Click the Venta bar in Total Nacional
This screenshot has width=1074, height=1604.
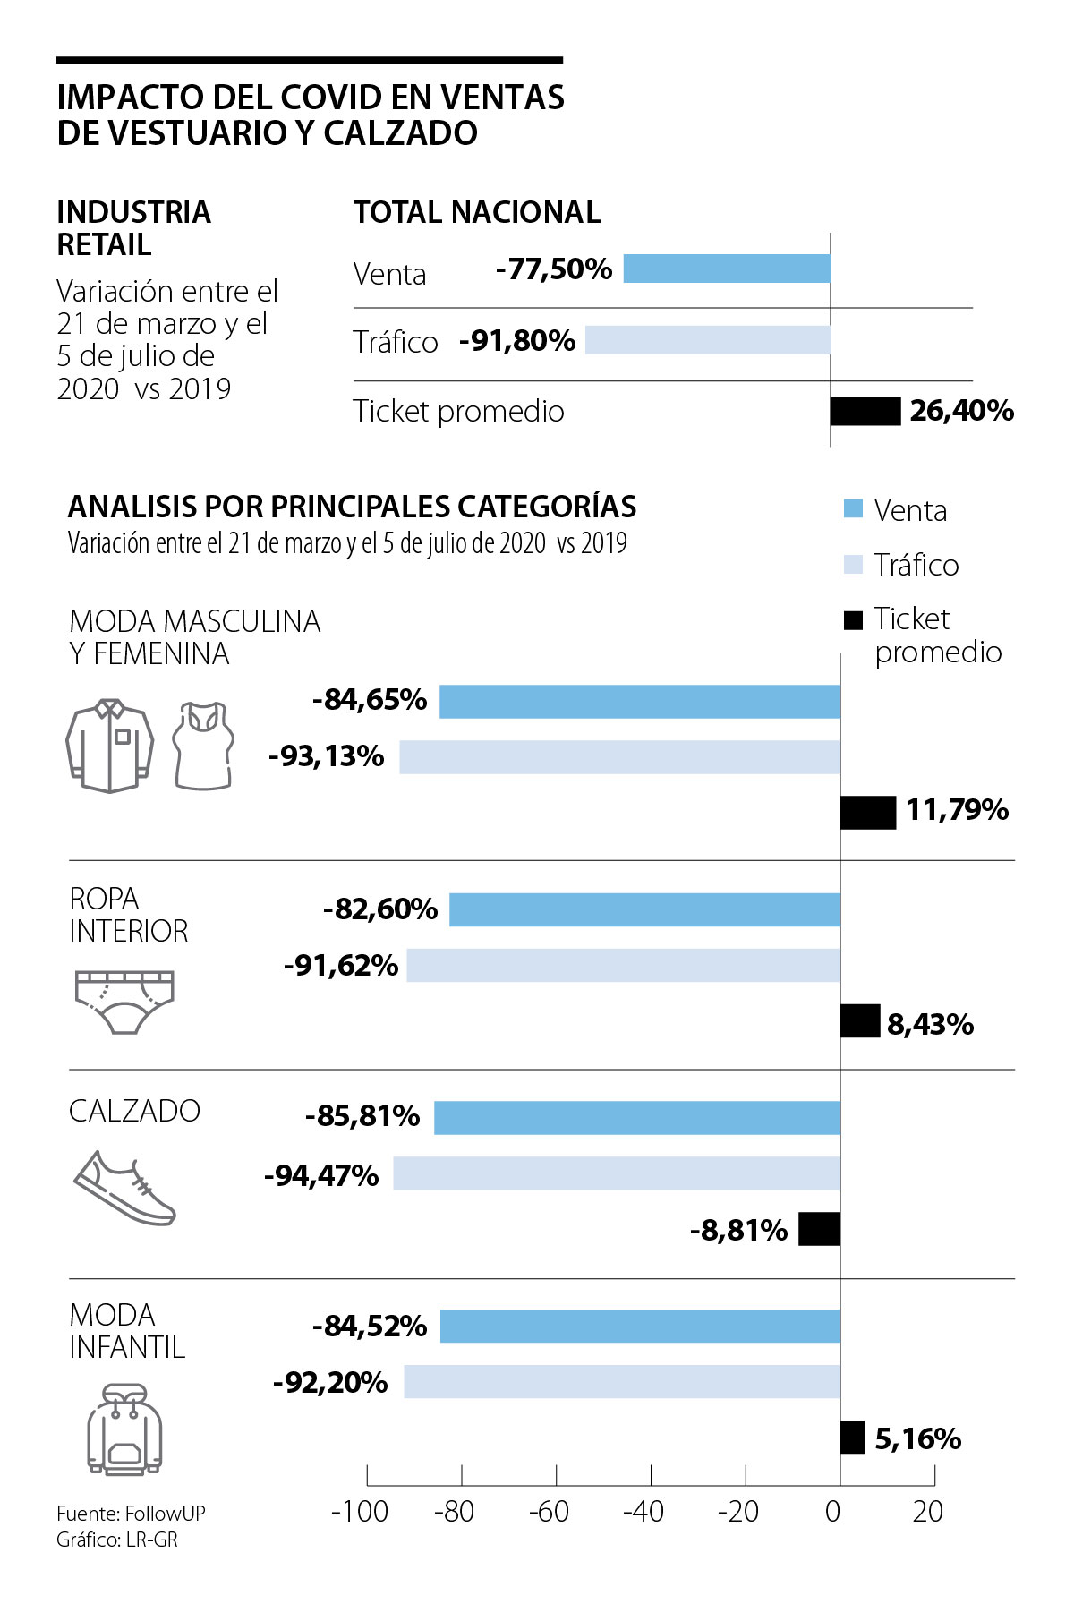(x=727, y=269)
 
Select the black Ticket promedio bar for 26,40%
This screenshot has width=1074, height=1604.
(x=865, y=411)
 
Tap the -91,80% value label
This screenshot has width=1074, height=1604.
(x=517, y=341)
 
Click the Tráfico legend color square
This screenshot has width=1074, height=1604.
(x=853, y=565)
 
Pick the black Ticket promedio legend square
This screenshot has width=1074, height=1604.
(x=853, y=619)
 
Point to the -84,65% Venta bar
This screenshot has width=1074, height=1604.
(x=639, y=701)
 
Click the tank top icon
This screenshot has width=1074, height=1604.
(x=204, y=745)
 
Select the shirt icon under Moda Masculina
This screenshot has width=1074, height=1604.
(x=109, y=746)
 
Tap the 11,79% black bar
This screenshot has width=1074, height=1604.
(x=867, y=812)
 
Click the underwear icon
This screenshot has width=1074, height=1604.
(x=124, y=1001)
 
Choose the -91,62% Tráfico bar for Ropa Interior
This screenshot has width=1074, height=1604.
(x=623, y=965)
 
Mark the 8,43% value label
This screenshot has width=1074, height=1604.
(x=930, y=1024)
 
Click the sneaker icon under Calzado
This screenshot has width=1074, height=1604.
(x=124, y=1189)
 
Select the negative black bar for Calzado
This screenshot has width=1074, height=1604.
(x=819, y=1229)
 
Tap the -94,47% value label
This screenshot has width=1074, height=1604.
(x=321, y=1175)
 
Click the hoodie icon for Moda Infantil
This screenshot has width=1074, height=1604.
(x=124, y=1429)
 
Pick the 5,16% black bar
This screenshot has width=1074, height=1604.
(x=852, y=1437)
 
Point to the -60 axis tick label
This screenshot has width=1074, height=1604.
(x=549, y=1512)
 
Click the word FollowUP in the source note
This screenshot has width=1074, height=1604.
(x=166, y=1513)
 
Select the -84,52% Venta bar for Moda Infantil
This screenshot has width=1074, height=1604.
(x=639, y=1326)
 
